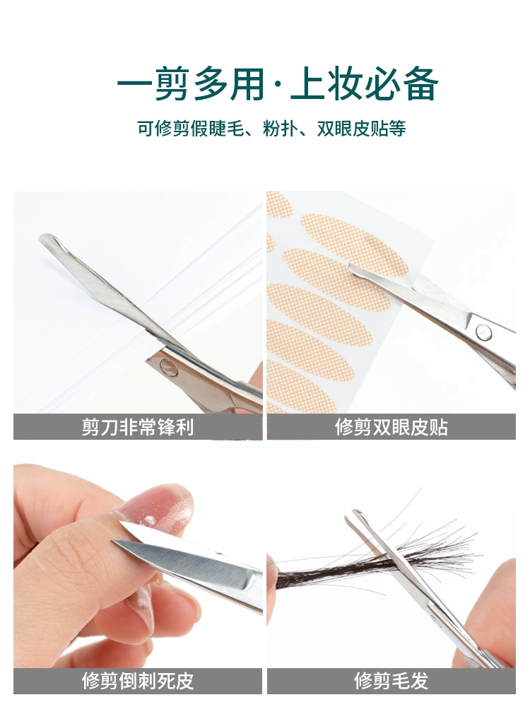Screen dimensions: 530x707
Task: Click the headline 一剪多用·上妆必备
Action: coord(278,84)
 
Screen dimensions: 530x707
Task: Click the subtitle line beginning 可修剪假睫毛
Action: coord(271,129)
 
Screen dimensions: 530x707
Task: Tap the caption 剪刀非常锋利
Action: coord(138,427)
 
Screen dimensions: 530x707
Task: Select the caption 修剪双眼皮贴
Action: coord(391,427)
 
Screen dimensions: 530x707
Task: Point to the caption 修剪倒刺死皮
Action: coord(138,681)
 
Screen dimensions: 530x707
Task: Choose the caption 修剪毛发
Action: coord(391,681)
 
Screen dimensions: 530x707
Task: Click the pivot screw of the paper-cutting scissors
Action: coord(169,368)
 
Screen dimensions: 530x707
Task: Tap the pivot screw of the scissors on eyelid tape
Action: coord(483,332)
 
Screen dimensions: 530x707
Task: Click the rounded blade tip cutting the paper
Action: coord(47,238)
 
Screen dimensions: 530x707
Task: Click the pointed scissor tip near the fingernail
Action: coord(115,542)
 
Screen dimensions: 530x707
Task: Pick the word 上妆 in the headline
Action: coord(326,84)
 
